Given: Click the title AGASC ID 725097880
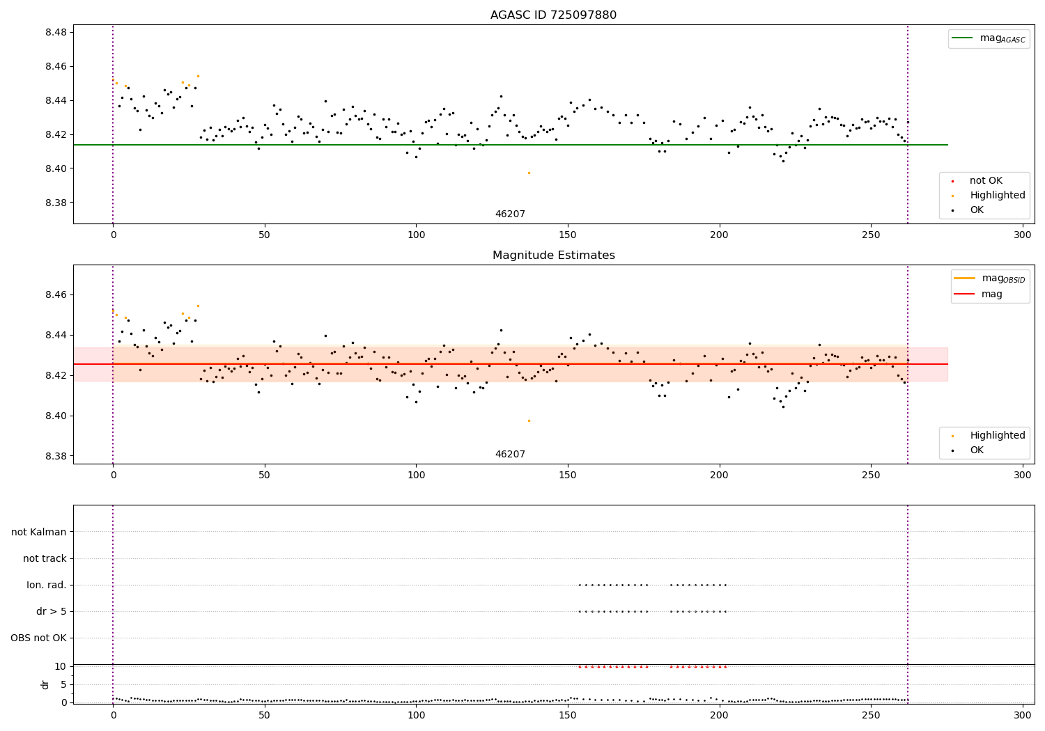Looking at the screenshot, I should pyautogui.click(x=553, y=15).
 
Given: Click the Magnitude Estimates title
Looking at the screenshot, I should pyautogui.click(x=553, y=256).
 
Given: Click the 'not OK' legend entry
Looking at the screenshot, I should pyautogui.click(x=986, y=181).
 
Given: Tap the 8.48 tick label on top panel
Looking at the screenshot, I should pyautogui.click(x=56, y=33).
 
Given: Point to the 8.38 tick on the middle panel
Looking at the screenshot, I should pyautogui.click(x=56, y=457).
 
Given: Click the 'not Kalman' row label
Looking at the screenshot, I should pyautogui.click(x=39, y=533).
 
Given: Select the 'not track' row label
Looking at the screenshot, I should pyautogui.click(x=45, y=559).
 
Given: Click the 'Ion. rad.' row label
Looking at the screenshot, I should pyautogui.click(x=47, y=585).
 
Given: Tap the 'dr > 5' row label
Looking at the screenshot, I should pyautogui.click(x=51, y=612).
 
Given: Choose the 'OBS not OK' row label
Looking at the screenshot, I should pyautogui.click(x=39, y=638).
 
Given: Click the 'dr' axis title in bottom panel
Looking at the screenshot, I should pyautogui.click(x=45, y=684).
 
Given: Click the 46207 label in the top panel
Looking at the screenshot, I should pyautogui.click(x=510, y=214).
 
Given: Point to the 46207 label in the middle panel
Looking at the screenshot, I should pyautogui.click(x=510, y=455).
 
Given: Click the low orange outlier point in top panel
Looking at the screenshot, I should pyautogui.click(x=529, y=173).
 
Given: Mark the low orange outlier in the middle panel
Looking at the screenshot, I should pyautogui.click(x=529, y=420).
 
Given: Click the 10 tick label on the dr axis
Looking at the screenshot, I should pyautogui.click(x=60, y=666).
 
